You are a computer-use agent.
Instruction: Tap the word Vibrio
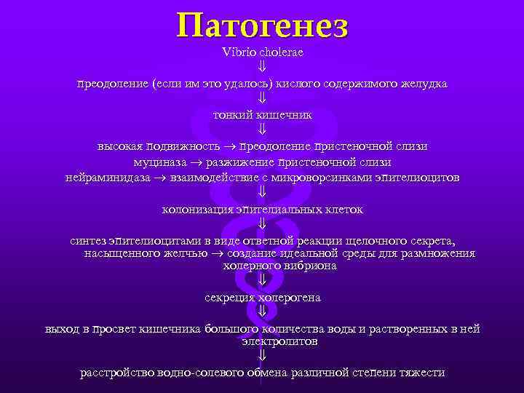pyautogui.click(x=237, y=52)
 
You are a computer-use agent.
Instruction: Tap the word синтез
pyautogui.click(x=89, y=240)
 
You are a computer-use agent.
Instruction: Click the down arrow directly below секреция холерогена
pyautogui.click(x=262, y=311)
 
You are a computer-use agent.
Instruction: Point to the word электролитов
pyautogui.click(x=280, y=341)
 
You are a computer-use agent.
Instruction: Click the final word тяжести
pyautogui.click(x=421, y=373)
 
